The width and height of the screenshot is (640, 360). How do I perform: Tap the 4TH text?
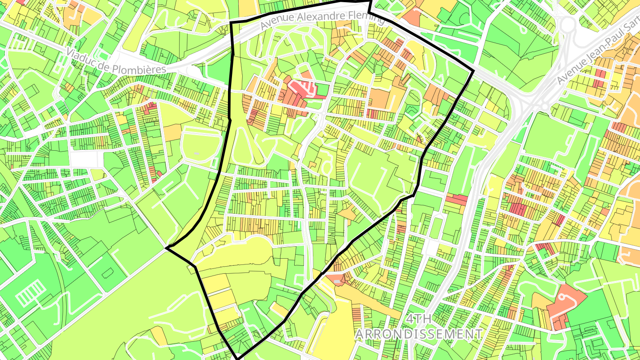point(419,319)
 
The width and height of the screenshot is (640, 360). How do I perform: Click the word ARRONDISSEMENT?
point(419,334)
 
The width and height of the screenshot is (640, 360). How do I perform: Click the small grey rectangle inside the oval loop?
point(197,153)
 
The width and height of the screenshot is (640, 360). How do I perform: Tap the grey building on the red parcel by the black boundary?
point(338,281)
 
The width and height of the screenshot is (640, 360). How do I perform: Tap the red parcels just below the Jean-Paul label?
point(600,78)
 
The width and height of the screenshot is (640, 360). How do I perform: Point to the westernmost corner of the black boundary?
point(167,248)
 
